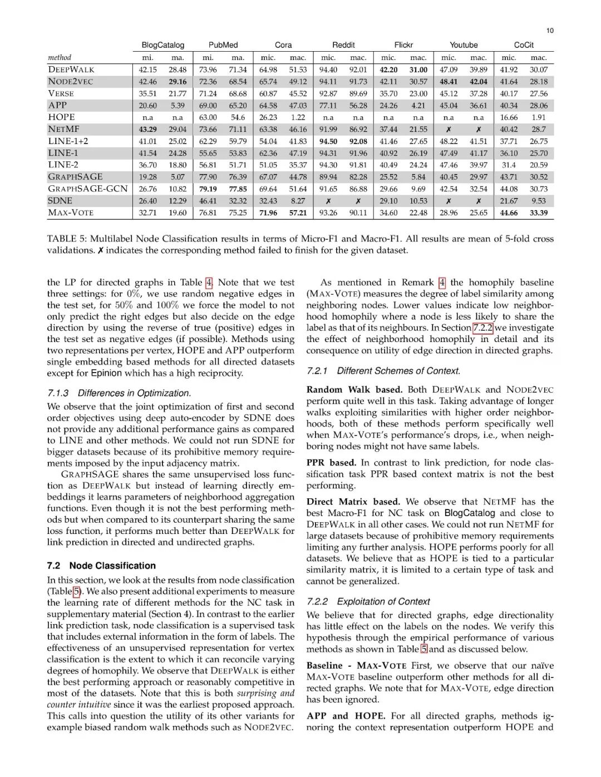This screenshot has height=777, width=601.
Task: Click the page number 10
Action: coord(549,31)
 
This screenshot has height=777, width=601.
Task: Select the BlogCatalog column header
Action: coord(162,45)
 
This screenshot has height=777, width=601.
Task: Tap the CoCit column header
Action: coord(524,45)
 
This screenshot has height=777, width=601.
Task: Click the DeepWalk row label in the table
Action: coord(71,70)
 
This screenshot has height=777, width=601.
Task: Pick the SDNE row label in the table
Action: coord(60,201)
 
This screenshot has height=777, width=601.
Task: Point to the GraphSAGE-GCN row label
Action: coord(87,189)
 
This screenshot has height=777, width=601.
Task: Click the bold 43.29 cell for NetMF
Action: coord(147,129)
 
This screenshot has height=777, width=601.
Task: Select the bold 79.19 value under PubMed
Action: coord(208,189)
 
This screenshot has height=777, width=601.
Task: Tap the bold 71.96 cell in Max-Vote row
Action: coord(268,212)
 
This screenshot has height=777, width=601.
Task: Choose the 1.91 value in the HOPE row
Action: coord(538,117)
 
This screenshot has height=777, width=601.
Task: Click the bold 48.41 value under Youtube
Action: coord(449,81)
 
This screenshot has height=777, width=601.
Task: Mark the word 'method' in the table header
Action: coord(60,57)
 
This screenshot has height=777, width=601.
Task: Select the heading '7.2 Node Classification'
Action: coord(101,566)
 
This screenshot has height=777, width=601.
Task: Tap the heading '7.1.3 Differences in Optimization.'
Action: coord(119,393)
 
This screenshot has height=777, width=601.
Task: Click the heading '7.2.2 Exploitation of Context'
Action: coord(368,601)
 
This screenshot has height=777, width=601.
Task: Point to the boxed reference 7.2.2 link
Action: coord(482,328)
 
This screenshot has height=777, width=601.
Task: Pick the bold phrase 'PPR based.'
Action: coord(331,462)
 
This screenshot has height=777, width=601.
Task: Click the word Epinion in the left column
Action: coord(107,373)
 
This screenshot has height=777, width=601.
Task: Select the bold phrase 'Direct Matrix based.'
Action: coord(353,502)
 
